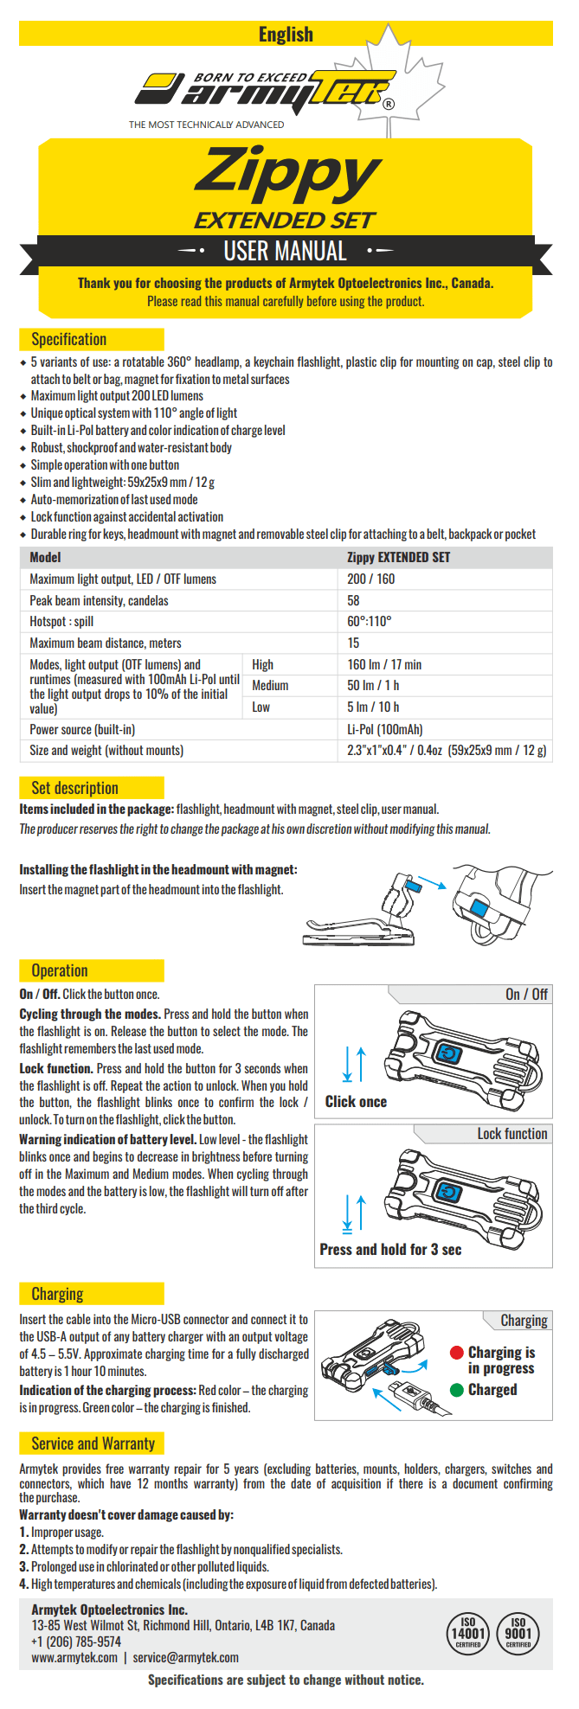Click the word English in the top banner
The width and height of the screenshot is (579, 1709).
pyautogui.click(x=286, y=35)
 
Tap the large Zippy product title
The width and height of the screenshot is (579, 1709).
pyautogui.click(x=287, y=174)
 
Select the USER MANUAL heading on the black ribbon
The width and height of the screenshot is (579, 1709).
pyautogui.click(x=285, y=252)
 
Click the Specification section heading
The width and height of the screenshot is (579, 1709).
pyautogui.click(x=69, y=339)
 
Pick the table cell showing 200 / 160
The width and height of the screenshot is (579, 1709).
pyautogui.click(x=370, y=579)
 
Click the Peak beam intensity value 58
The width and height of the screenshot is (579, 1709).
pyautogui.click(x=353, y=600)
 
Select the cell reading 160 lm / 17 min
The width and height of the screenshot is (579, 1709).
pyautogui.click(x=384, y=664)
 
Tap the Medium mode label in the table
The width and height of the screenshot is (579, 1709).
pyautogui.click(x=270, y=685)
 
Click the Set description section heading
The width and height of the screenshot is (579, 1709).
pyautogui.click(x=74, y=787)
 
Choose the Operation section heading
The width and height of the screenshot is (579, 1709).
pyautogui.click(x=60, y=970)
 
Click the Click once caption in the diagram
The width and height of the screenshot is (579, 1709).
pyautogui.click(x=356, y=1101)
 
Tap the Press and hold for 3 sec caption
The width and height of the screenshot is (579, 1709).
pyautogui.click(x=390, y=1249)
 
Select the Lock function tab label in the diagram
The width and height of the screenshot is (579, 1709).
pyautogui.click(x=512, y=1134)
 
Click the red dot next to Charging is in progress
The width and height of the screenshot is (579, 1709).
pyautogui.click(x=457, y=1353)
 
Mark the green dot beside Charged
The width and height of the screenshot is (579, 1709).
pyautogui.click(x=457, y=1390)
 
